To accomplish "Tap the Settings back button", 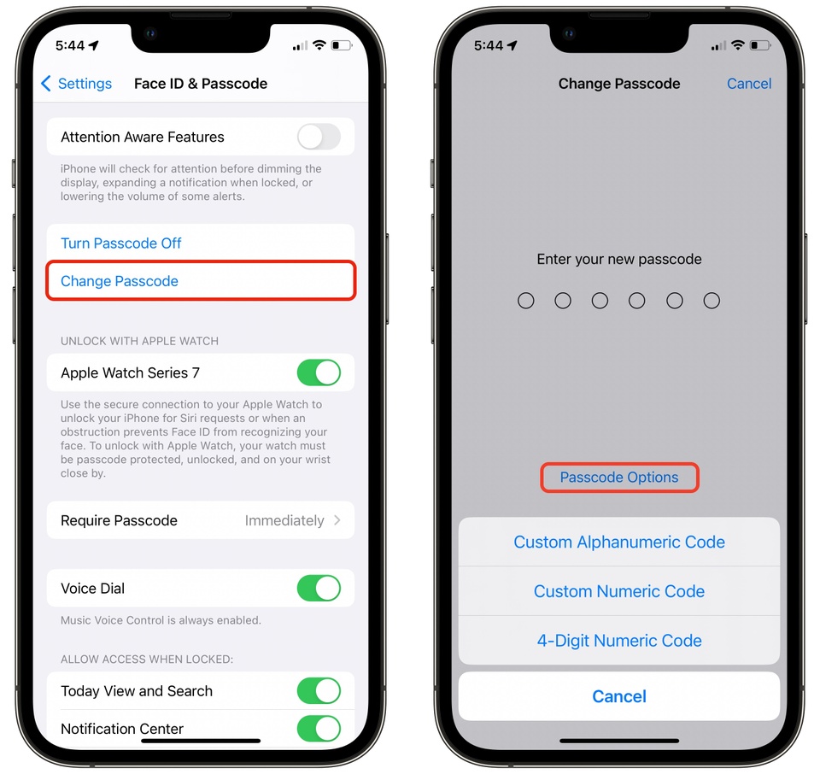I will pos(76,84).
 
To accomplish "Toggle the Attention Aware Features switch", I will pos(319,137).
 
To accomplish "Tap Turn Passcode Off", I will pos(121,243).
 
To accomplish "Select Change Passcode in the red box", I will pos(120,282).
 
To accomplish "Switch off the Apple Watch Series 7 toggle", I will pos(319,372).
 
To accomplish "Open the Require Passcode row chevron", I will pos(337,520).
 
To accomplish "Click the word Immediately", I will pos(284,520).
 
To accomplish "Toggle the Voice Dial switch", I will pos(319,588).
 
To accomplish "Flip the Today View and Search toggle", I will pos(319,690).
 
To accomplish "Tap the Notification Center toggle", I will pos(319,728).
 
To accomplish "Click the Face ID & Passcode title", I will pos(201,84).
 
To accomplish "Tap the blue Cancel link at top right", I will pos(749,84).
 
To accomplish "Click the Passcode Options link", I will pos(619,478).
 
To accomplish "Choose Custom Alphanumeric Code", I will pos(619,542).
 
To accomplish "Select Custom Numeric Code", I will pos(619,591).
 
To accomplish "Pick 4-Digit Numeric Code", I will pos(619,641).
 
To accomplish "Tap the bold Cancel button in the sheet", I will pos(619,696).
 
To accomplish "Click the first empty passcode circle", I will pos(526,301).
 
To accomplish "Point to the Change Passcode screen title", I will pos(619,84).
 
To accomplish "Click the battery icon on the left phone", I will pos(342,44).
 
